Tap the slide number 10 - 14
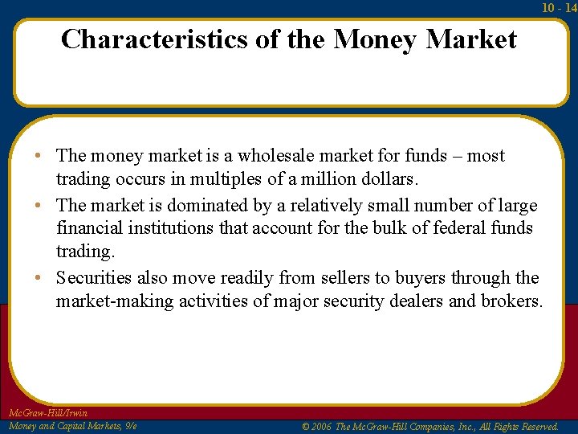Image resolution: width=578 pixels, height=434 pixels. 560,8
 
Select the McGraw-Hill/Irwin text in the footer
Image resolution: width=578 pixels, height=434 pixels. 48,413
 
